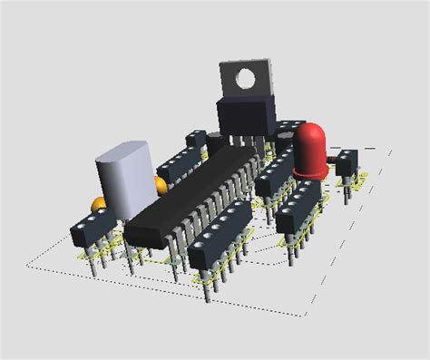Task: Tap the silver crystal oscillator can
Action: click(126, 178)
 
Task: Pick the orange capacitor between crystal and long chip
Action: click(161, 188)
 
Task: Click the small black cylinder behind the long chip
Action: click(217, 142)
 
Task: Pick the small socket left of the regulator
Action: click(197, 140)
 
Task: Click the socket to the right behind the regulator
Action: click(288, 129)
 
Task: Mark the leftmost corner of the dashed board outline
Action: click(30, 265)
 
